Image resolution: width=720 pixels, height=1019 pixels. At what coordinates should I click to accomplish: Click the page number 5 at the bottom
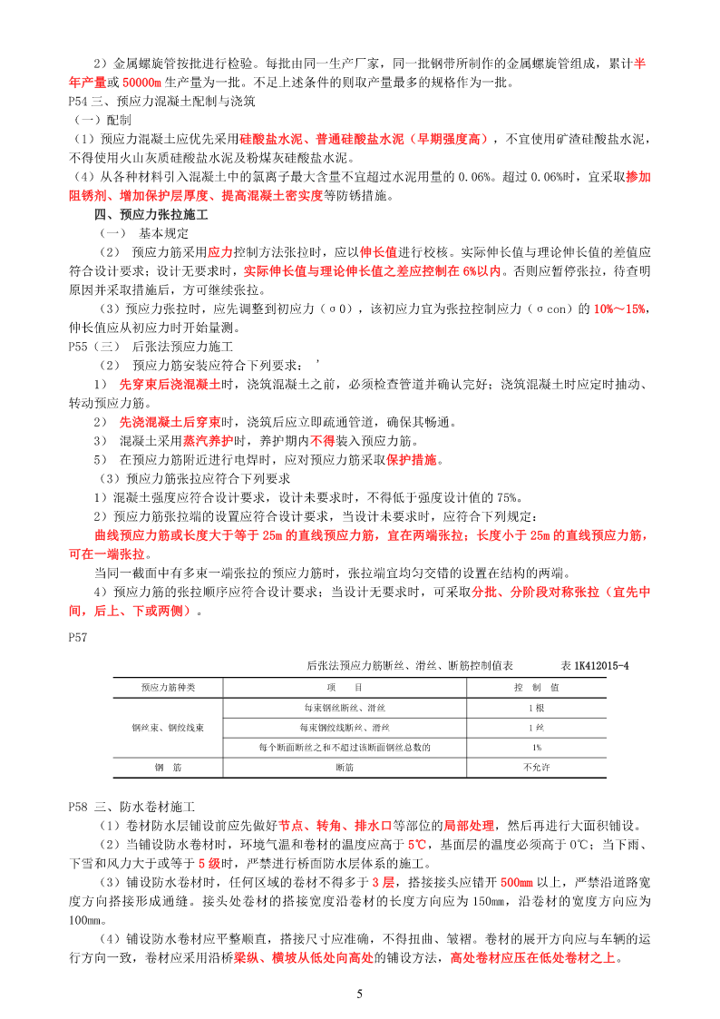pos(360,995)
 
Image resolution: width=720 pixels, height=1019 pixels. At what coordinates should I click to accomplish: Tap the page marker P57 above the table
pos(78,638)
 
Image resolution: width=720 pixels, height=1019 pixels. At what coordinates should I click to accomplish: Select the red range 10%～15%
pos(619,309)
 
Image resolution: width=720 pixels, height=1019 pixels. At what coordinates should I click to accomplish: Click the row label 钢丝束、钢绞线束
pos(167,728)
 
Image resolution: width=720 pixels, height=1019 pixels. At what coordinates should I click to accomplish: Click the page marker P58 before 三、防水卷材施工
pos(78,807)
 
